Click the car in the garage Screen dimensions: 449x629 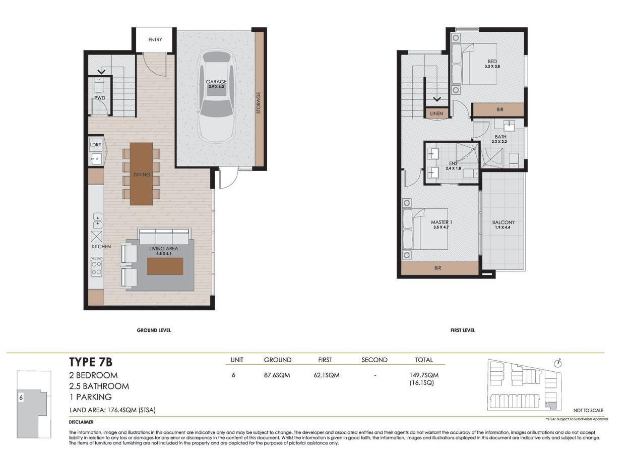point(217,96)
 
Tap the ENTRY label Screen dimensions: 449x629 point(155,40)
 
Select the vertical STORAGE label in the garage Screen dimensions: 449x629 point(259,102)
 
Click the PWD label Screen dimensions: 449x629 point(99,98)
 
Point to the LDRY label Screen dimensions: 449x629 point(96,145)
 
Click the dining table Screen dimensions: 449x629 point(141,174)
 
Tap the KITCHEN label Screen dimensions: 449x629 point(101,247)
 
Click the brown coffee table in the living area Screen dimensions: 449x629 point(165,266)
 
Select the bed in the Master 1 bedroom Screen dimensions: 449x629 point(426,229)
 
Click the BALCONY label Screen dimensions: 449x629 point(503,222)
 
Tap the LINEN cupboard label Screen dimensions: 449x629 point(436,114)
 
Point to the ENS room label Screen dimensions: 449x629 point(453,163)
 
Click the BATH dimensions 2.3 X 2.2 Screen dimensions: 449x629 point(500,142)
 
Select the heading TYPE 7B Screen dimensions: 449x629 point(91,362)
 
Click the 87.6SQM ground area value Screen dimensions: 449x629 point(277,375)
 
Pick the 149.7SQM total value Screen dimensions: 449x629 point(423,375)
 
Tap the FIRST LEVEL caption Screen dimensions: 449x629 point(462,330)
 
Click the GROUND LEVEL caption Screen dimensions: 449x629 point(154,330)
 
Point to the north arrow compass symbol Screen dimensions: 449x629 point(557,363)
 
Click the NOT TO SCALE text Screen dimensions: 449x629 point(588,411)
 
